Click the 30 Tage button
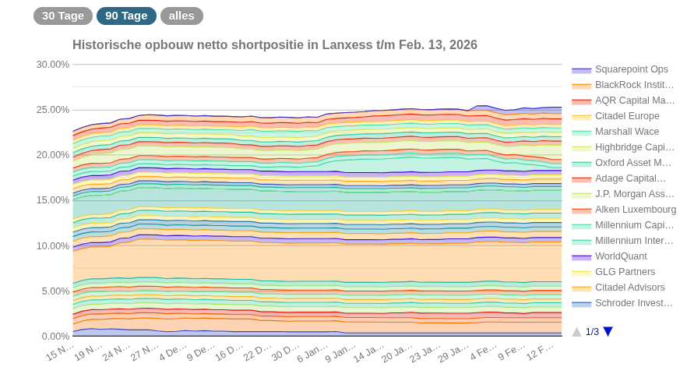click(x=62, y=16)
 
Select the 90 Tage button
click(x=126, y=16)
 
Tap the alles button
click(x=181, y=16)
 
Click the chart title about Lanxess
click(x=274, y=45)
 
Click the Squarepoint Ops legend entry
click(x=631, y=69)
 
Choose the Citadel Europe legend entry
click(x=626, y=116)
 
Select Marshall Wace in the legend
click(x=626, y=132)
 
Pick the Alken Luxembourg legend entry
click(x=635, y=210)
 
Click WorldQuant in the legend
click(x=621, y=256)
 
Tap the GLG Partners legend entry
click(x=625, y=272)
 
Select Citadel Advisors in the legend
click(x=629, y=288)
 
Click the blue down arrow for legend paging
click(x=608, y=332)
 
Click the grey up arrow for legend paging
click(x=576, y=332)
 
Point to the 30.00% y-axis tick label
click(x=53, y=65)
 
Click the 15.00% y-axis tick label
click(x=53, y=200)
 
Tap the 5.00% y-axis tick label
click(x=55, y=291)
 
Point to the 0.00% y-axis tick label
click(x=55, y=337)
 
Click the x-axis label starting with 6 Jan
click(x=312, y=352)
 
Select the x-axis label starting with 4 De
click(x=173, y=352)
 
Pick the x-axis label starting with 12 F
click(x=539, y=352)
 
